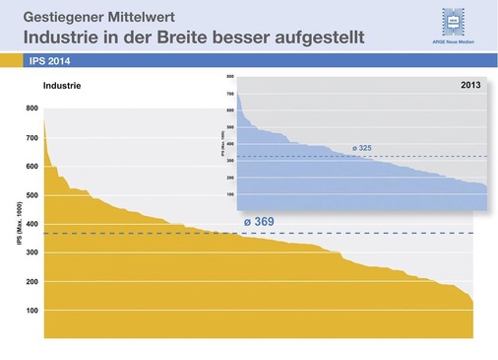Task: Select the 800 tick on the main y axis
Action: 32,108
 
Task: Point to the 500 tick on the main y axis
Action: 32,195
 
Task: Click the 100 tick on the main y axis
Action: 32,311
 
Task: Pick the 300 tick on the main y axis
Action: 32,253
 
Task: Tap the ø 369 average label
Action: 259,222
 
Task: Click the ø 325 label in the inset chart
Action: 362,149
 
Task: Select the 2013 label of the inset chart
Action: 470,86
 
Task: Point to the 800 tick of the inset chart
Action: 229,76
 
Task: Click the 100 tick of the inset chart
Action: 229,192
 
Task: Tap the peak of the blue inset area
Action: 239,95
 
